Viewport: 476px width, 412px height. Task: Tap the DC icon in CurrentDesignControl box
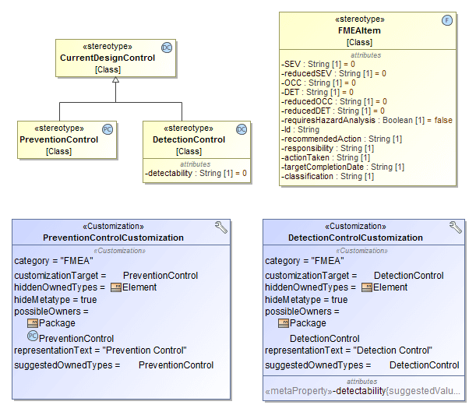click(167, 48)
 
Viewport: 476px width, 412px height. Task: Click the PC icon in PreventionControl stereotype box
click(108, 129)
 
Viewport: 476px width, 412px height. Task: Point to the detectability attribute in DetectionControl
click(196, 173)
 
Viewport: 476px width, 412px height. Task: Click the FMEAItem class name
click(359, 31)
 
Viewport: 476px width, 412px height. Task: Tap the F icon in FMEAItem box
click(447, 20)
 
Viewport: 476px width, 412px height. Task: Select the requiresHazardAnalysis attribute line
click(366, 120)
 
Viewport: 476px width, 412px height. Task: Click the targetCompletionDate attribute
click(343, 167)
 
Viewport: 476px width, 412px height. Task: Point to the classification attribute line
click(327, 176)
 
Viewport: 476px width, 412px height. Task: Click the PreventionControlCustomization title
click(114, 238)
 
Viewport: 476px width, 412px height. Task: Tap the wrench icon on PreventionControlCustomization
click(221, 227)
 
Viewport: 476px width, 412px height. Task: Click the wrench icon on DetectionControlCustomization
click(456, 227)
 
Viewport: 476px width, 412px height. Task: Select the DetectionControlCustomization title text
click(355, 238)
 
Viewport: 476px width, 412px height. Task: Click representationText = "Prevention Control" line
click(101, 350)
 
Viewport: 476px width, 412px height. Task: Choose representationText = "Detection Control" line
click(348, 350)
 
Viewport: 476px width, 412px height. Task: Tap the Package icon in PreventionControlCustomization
click(33, 322)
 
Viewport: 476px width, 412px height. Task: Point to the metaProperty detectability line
click(362, 390)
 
